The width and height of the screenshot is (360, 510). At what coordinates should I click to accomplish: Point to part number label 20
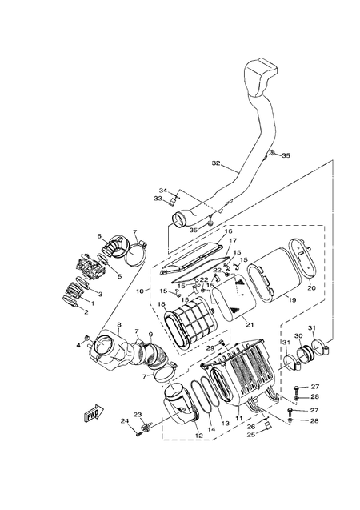tap(312, 287)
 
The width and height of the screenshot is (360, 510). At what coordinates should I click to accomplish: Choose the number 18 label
tap(161, 305)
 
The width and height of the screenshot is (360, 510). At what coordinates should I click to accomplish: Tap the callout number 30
tap(298, 336)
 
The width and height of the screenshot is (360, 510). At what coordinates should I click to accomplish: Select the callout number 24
tap(125, 420)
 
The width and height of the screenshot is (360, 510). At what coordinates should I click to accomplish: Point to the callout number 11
tap(238, 418)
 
